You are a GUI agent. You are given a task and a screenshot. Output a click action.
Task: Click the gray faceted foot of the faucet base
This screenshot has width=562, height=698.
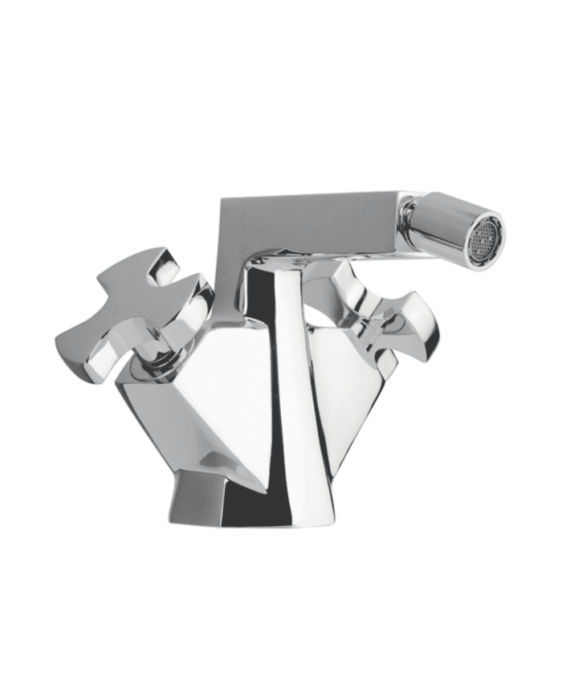pyautogui.click(x=193, y=506)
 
